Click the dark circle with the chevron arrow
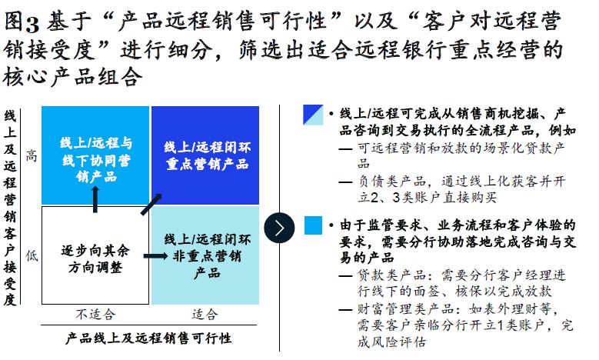[x=279, y=228]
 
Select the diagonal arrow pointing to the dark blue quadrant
[x=151, y=204]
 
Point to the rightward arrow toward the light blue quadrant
[x=155, y=255]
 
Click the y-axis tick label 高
[x=32, y=156]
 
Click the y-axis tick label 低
[x=32, y=255]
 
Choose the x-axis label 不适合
[x=95, y=314]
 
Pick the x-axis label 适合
[x=205, y=314]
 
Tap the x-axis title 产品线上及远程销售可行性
[x=148, y=338]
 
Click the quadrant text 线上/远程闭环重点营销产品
[x=207, y=155]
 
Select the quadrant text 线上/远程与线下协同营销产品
[x=96, y=159]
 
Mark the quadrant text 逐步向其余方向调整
[x=95, y=258]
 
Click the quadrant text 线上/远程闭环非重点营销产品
[x=207, y=255]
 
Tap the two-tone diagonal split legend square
[x=313, y=115]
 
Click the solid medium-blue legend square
[x=313, y=225]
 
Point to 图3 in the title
[x=22, y=22]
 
